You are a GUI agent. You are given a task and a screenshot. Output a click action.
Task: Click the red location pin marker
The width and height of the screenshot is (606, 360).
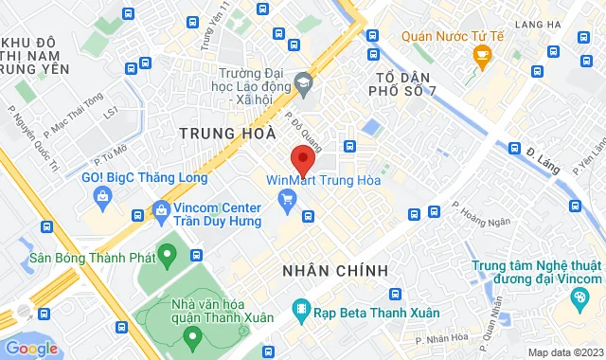pos(302,158)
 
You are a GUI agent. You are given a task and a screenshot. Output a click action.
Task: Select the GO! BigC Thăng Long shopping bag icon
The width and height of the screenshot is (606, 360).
pos(101,195)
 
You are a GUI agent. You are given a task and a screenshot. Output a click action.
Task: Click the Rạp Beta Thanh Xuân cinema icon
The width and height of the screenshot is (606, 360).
pos(300,308)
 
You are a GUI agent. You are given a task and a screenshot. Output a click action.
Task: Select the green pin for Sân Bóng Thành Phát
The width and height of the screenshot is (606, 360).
pos(168,254)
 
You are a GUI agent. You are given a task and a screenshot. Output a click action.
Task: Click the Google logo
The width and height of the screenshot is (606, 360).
pos(31,348)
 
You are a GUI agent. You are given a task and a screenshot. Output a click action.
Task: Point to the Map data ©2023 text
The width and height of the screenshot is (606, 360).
pos(564,352)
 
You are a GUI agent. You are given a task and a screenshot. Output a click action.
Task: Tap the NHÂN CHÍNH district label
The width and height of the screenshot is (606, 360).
pos(335,271)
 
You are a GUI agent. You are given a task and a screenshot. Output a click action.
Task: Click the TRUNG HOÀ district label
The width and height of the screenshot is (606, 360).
pos(226,134)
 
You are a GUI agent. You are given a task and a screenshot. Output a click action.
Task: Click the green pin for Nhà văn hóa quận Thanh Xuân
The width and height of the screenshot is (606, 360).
pos(192,335)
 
